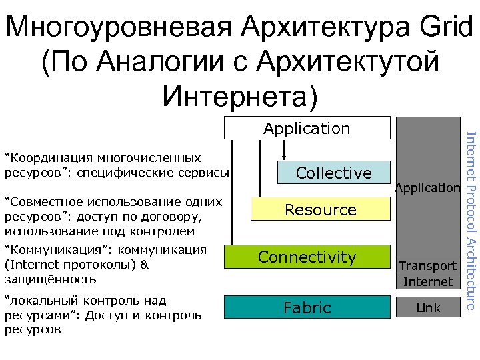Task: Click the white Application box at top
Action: tap(306, 127)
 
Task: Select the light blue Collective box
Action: tap(333, 173)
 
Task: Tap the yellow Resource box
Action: tap(321, 209)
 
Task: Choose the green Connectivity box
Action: tap(307, 257)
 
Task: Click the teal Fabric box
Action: tap(307, 307)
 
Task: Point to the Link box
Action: tap(428, 307)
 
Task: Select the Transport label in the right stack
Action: tap(428, 265)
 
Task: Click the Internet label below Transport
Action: tap(428, 281)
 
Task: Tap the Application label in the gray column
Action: tap(428, 188)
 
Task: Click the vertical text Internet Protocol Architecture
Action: tap(471, 212)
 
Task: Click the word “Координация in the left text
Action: tap(49, 159)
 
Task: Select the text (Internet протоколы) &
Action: tap(77, 265)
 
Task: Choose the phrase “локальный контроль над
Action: tap(85, 301)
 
